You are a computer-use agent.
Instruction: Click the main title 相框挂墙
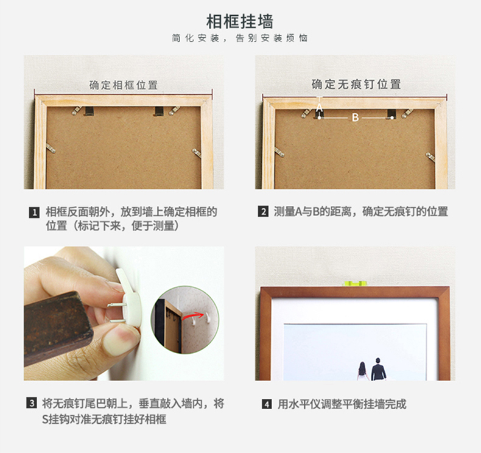[x=240, y=23]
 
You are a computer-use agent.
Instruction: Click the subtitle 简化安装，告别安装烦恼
[x=240, y=38]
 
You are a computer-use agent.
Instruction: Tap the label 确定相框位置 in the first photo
[x=124, y=85]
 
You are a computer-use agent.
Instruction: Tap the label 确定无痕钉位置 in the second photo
[x=356, y=84]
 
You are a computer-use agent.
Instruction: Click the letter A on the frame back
[x=319, y=108]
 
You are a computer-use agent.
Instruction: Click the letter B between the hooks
[x=355, y=118]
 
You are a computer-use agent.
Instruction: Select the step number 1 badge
[x=34, y=212]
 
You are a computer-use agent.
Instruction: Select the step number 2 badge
[x=263, y=212]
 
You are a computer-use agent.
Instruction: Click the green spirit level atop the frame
[x=356, y=283]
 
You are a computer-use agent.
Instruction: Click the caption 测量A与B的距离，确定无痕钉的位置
[x=361, y=212]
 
